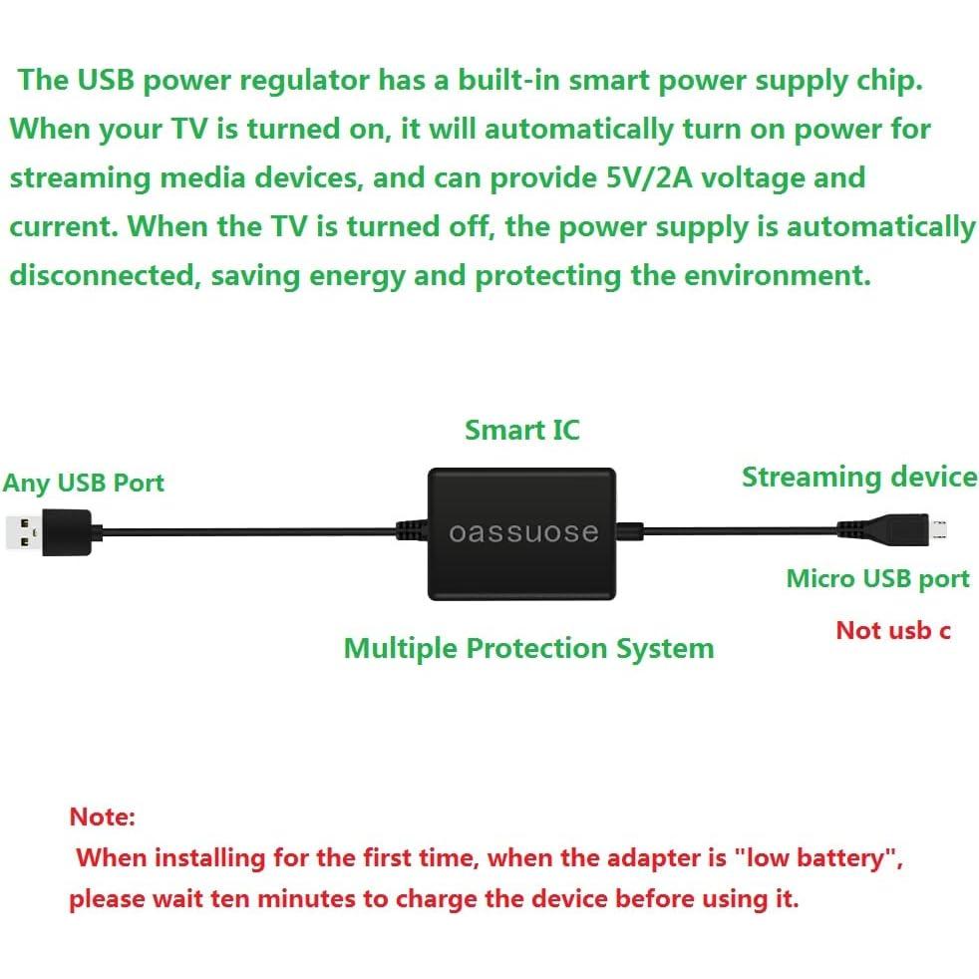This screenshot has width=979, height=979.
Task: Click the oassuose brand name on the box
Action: (x=523, y=532)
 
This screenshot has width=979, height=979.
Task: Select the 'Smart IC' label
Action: (x=521, y=430)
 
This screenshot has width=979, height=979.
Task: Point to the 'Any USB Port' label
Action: (x=83, y=484)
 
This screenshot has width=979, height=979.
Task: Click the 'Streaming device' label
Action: (x=858, y=478)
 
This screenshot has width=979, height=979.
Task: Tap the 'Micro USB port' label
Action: (x=877, y=578)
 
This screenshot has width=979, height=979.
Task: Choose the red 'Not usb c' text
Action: (x=892, y=630)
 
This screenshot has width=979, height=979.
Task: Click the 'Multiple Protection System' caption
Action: (x=528, y=648)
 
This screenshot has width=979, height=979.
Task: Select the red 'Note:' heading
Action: (x=102, y=817)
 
